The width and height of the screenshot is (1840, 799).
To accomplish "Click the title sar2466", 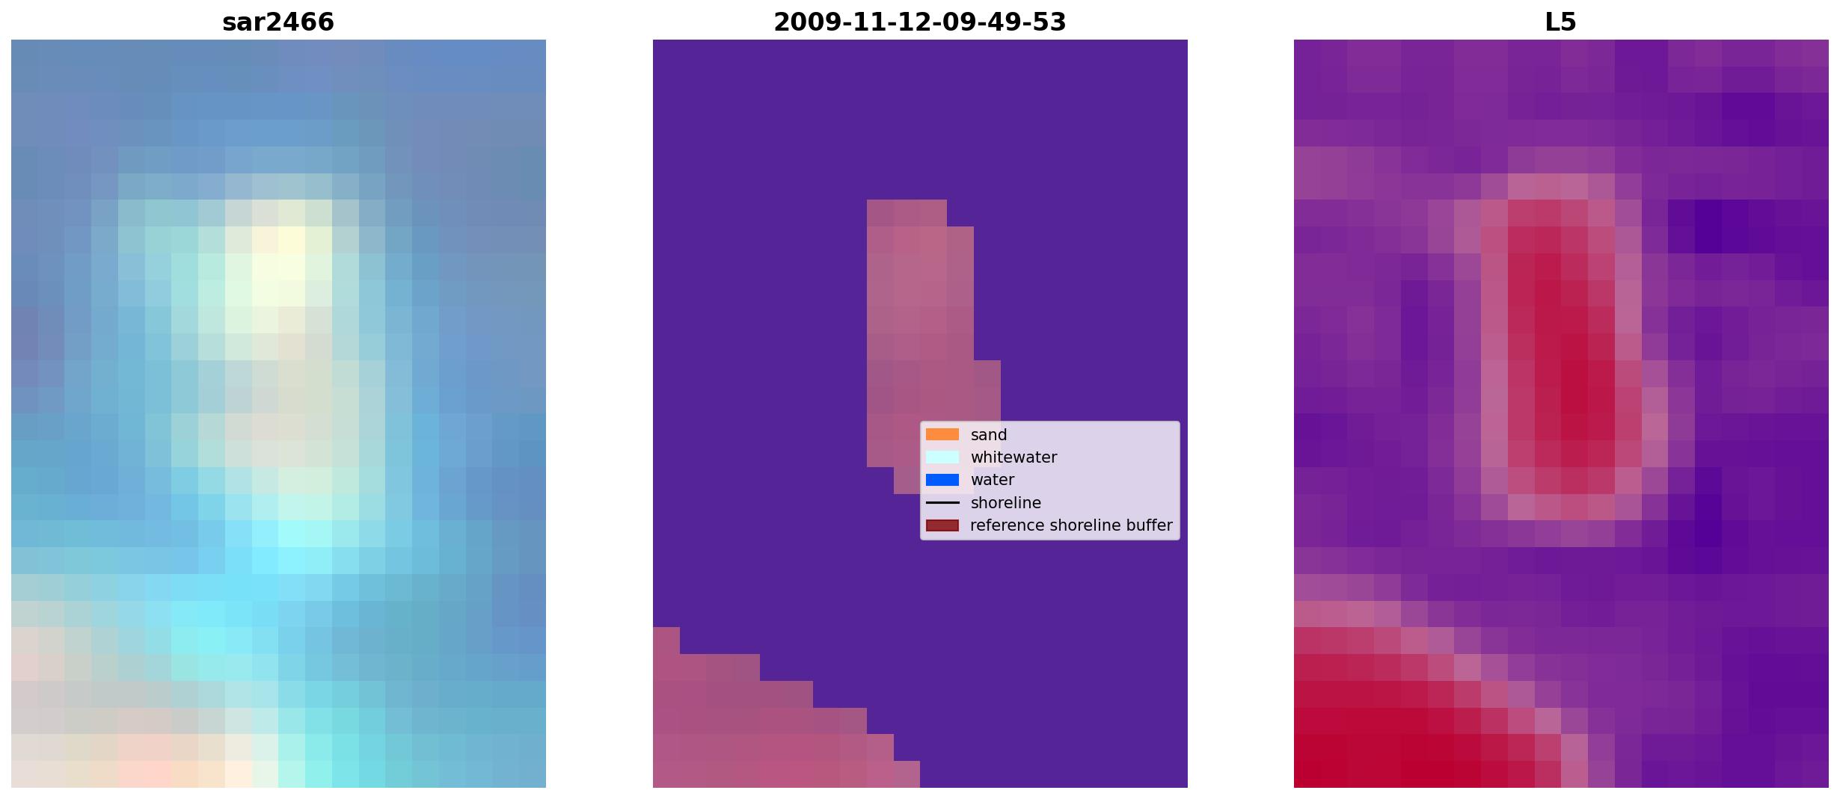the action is tap(278, 22).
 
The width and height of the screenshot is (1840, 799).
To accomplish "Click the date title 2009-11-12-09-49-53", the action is tap(919, 22).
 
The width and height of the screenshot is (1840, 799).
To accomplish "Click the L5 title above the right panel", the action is tap(1560, 22).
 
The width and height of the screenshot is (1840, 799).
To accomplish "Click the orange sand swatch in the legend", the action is tap(942, 434).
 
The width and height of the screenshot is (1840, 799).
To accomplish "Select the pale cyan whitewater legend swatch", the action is tap(942, 457).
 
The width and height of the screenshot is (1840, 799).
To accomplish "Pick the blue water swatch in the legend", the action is tap(942, 480).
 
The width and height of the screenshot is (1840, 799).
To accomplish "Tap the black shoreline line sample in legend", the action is tap(942, 502).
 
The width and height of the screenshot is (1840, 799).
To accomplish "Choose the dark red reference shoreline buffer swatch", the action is tap(942, 525).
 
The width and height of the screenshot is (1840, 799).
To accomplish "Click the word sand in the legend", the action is tap(989, 435).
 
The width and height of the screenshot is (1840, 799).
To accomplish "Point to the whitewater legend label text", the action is tap(1013, 457).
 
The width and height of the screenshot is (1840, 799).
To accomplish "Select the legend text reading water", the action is tap(993, 480).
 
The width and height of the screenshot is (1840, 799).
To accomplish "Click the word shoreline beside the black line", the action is tap(1006, 503).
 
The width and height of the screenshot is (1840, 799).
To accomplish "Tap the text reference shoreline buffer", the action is tap(1071, 525).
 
